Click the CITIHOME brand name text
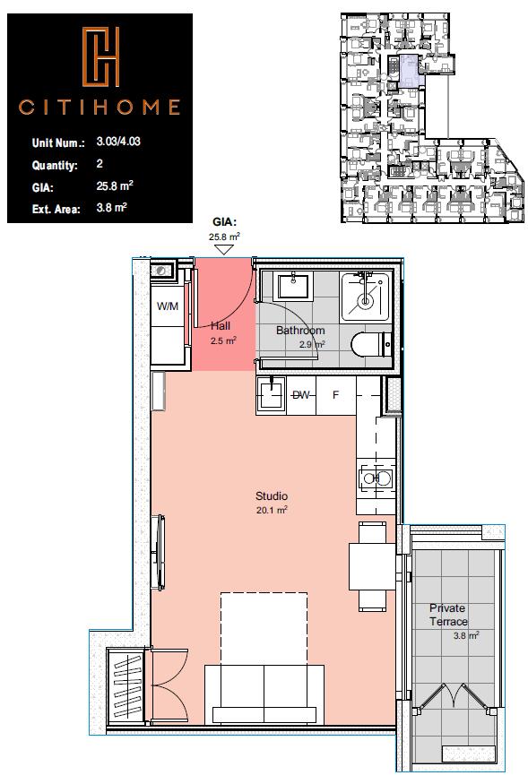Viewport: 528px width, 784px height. [x=100, y=108]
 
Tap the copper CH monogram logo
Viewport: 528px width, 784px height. [x=100, y=56]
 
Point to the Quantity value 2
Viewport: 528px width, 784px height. [x=100, y=166]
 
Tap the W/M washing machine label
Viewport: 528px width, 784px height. [x=168, y=306]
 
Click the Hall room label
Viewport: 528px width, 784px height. [x=221, y=327]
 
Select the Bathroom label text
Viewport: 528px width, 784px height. [x=299, y=331]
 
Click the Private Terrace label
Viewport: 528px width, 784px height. [x=447, y=614]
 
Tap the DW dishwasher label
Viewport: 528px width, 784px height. [x=301, y=395]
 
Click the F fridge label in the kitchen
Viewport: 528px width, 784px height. [x=336, y=395]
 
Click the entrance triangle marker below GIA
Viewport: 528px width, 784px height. [x=225, y=251]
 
